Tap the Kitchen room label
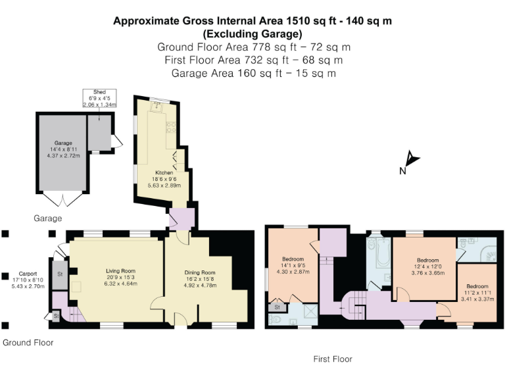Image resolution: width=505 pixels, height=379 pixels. [164, 173]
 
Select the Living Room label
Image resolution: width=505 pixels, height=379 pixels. [121, 271]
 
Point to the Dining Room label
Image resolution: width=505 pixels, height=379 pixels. [200, 272]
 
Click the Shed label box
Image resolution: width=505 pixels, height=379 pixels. [99, 98]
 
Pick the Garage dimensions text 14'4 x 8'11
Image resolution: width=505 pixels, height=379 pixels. [63, 149]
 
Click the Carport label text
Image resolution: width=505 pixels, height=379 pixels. [28, 274]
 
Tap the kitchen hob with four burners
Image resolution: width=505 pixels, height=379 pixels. [171, 127]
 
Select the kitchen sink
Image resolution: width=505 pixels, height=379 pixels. [157, 107]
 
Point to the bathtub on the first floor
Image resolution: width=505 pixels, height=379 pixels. [383, 253]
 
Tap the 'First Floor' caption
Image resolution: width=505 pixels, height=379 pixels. [333, 359]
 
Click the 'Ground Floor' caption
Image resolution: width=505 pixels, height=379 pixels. [28, 343]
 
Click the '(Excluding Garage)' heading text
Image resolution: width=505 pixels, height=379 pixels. [252, 34]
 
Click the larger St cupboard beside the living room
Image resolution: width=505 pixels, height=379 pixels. [60, 274]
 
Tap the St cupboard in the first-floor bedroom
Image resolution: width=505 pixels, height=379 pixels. [277, 307]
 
